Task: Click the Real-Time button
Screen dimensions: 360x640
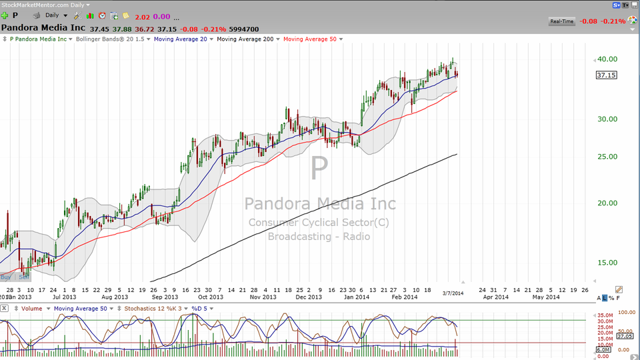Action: coord(561,21)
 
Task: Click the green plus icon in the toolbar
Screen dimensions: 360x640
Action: coord(5,15)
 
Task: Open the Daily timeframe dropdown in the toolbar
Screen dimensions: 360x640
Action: coord(55,15)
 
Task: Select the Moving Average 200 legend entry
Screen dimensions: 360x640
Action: coord(246,39)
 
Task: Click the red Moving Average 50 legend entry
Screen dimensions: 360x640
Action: coord(310,39)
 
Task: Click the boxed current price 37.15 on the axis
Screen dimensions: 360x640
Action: coord(606,75)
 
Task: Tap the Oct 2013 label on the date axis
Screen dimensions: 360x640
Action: coord(211,297)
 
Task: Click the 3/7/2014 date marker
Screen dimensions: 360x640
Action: coord(453,293)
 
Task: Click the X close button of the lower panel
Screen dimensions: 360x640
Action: coord(5,309)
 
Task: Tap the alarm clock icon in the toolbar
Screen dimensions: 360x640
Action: coord(102,15)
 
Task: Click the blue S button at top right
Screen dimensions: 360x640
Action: coord(617,5)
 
